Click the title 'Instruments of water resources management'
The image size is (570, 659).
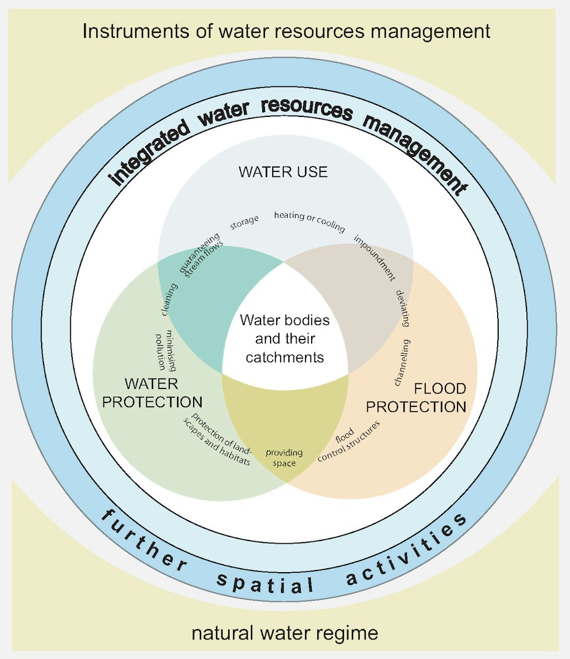tap(286, 31)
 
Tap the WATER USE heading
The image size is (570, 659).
tap(283, 171)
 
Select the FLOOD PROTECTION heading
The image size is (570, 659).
tap(416, 397)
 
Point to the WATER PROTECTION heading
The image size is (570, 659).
tap(152, 392)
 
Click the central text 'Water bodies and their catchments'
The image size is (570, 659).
tap(284, 338)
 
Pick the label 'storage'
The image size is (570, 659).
tap(244, 222)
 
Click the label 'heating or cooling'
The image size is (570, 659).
tap(309, 221)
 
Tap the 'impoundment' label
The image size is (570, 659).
tap(375, 257)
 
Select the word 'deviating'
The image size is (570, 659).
tap(403, 308)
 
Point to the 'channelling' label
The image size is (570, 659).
tap(402, 362)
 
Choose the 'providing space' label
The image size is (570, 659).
tap(284, 458)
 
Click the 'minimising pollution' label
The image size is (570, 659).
tap(166, 351)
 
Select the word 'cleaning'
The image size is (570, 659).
tap(169, 299)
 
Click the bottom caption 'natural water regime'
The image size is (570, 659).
tap(285, 633)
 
